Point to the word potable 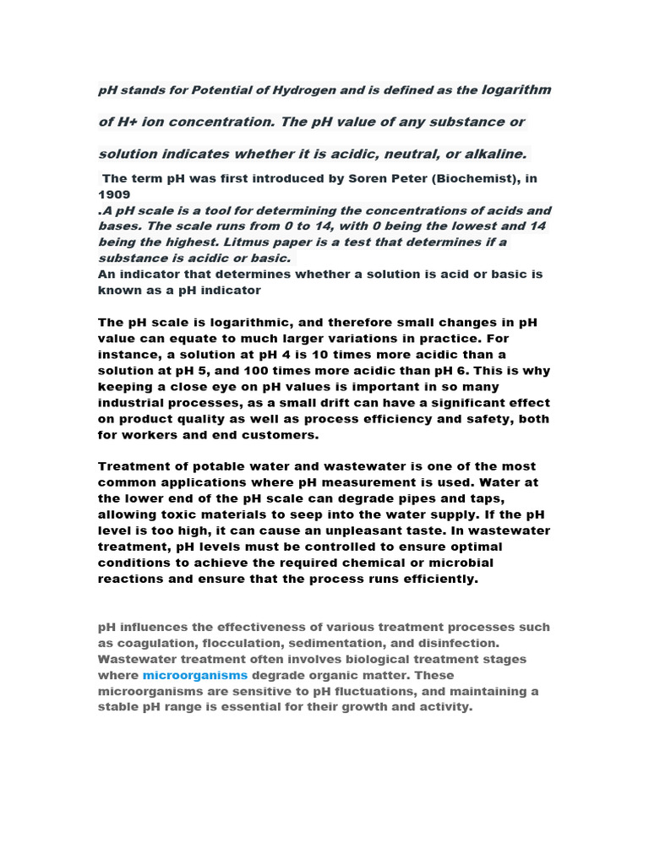pos(199,466)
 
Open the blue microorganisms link pos(195,675)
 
